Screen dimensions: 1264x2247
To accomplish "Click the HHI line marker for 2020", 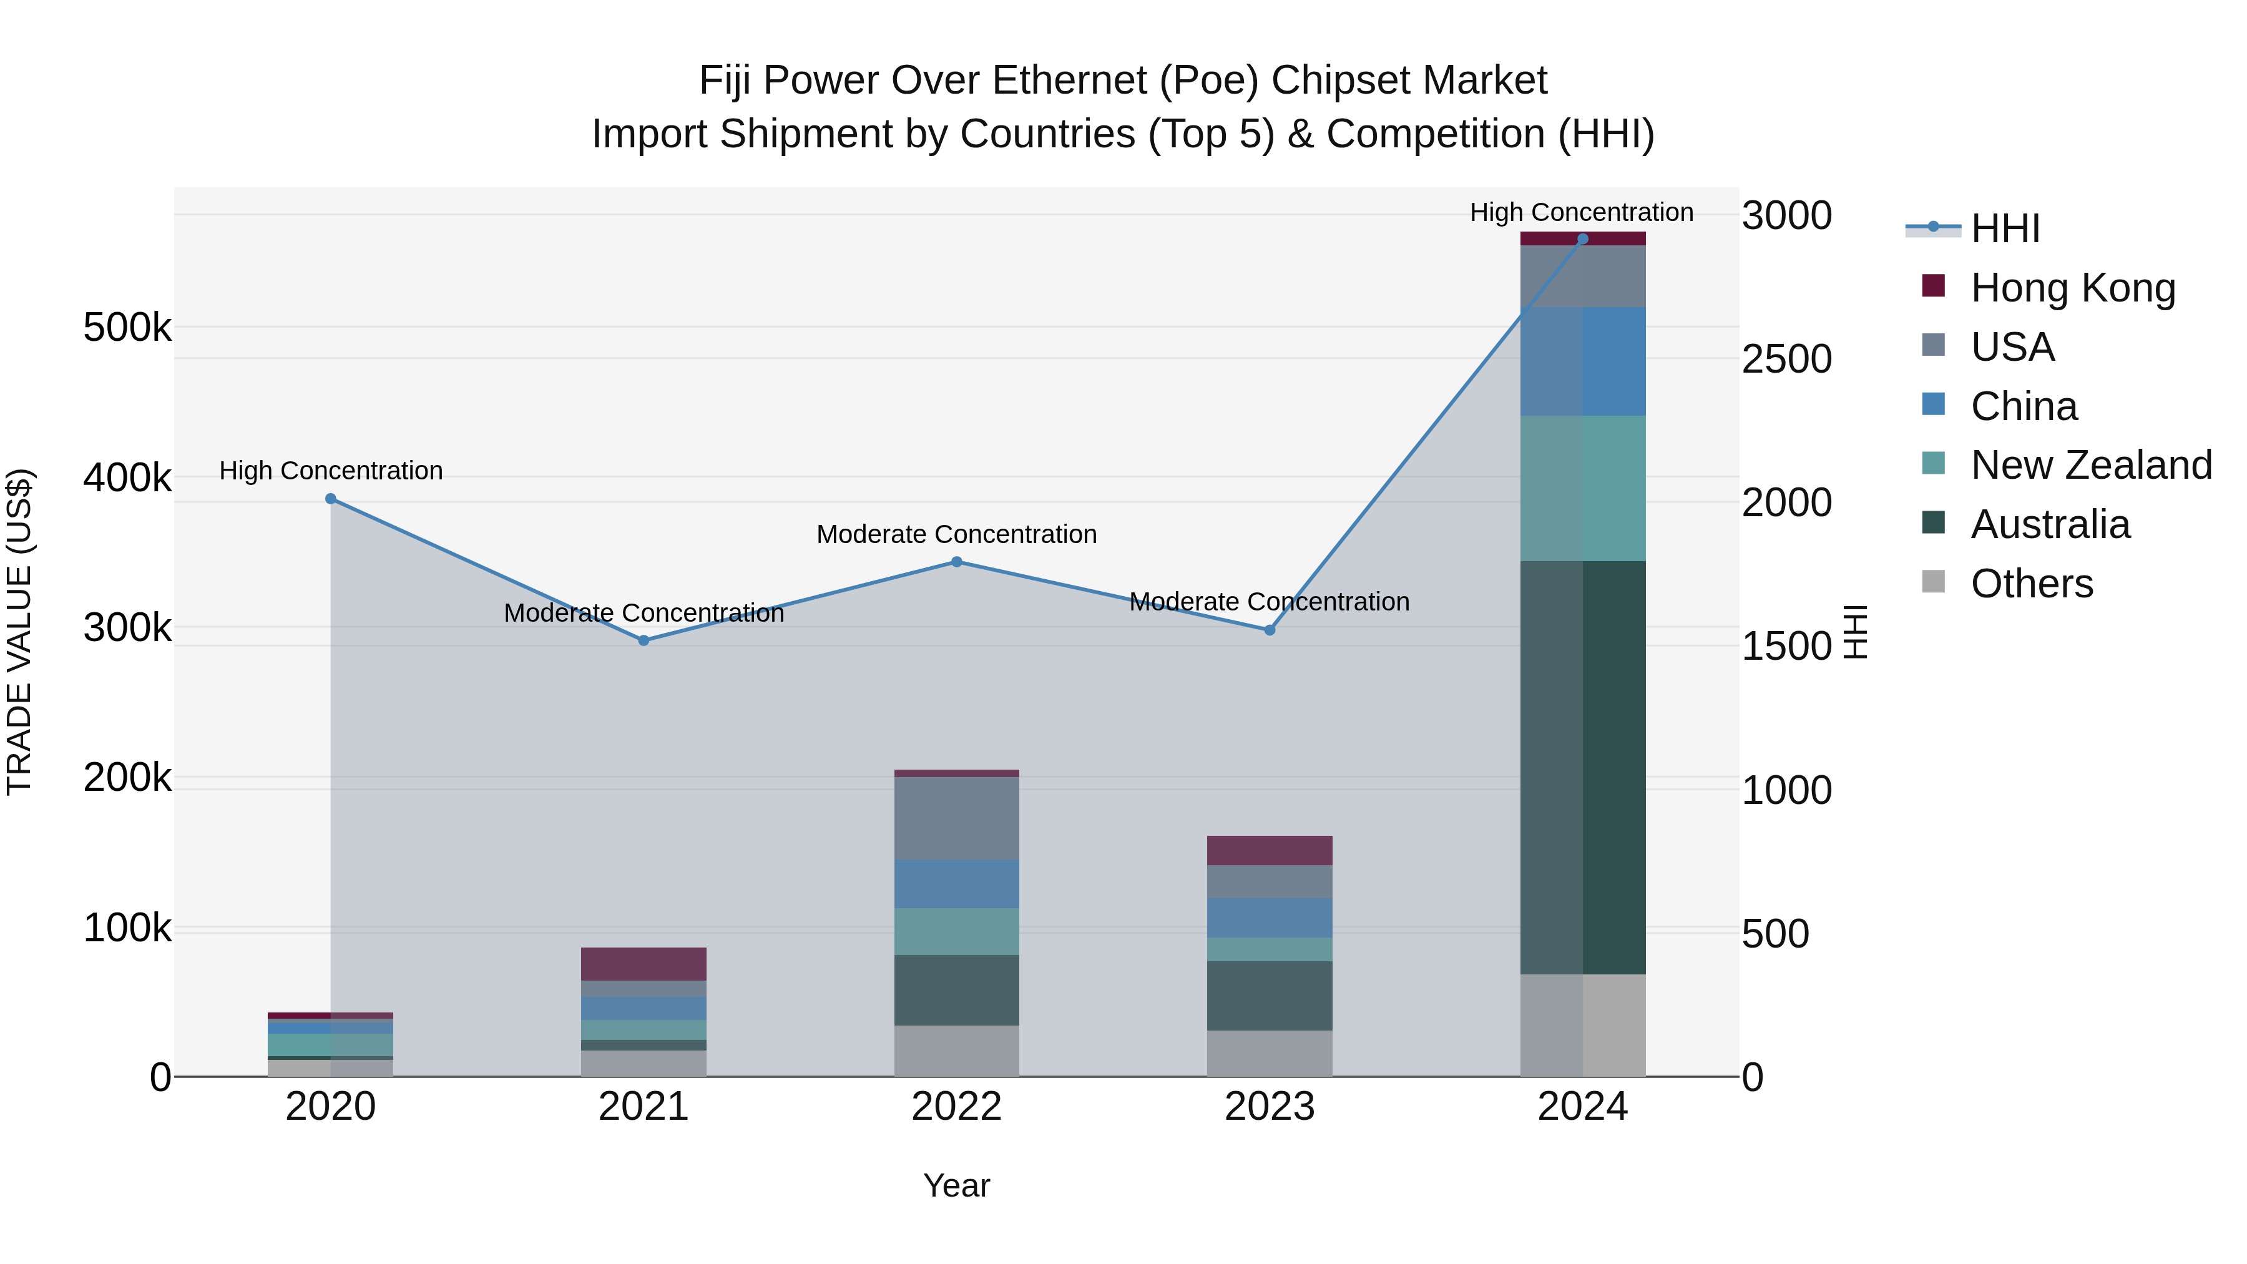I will pyautogui.click(x=331, y=499).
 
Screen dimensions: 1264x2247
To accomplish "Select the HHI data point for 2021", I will pyautogui.click(x=644, y=640).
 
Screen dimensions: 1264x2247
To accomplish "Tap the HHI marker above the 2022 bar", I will pyautogui.click(x=957, y=562).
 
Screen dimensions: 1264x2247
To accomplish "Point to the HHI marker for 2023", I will pyautogui.click(x=1270, y=630).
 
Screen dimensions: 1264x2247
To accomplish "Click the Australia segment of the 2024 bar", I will pyautogui.click(x=1582, y=768).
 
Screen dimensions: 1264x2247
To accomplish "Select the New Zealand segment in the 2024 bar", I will pyautogui.click(x=1582, y=489).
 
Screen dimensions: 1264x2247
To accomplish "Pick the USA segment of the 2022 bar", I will pyautogui.click(x=957, y=818).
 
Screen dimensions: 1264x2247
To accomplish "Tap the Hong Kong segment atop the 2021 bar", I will pyautogui.click(x=644, y=964).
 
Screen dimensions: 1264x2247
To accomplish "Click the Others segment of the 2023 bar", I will pyautogui.click(x=1270, y=1053).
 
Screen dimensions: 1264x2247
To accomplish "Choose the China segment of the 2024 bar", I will pyautogui.click(x=1582, y=361).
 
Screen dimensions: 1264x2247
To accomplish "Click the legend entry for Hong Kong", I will pyautogui.click(x=2072, y=288).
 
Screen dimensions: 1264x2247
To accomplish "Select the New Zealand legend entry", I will pyautogui.click(x=2091, y=465).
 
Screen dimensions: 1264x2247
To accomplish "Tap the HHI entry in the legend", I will pyautogui.click(x=2004, y=228).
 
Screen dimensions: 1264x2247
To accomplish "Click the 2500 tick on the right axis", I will pyautogui.click(x=1786, y=360).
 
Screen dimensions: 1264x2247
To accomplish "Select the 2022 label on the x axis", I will pyautogui.click(x=957, y=1107).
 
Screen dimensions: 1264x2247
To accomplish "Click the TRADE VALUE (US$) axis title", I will pyautogui.click(x=19, y=632).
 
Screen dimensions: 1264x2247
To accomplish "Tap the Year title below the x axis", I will pyautogui.click(x=957, y=1185).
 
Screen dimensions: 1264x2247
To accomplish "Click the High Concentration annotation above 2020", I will pyautogui.click(x=331, y=471).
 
